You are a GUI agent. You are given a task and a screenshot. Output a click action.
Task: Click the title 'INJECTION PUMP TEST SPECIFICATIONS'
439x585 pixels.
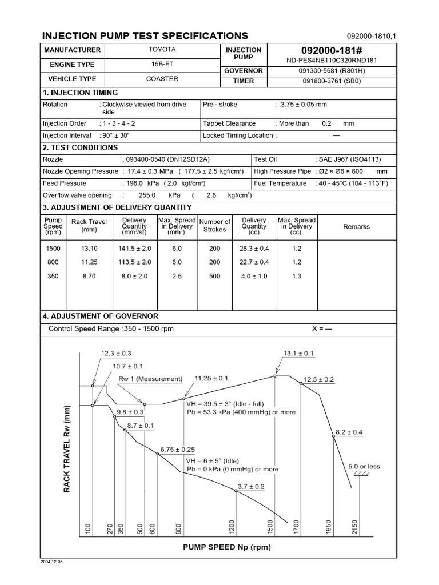click(x=145, y=35)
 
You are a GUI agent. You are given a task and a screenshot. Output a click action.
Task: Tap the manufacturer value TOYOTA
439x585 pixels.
click(x=162, y=50)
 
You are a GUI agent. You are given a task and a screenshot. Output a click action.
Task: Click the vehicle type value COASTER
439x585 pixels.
click(x=162, y=79)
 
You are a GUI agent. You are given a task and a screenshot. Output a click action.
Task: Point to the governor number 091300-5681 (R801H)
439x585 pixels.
click(x=332, y=70)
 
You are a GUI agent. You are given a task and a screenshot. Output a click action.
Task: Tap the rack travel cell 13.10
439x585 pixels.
click(x=89, y=249)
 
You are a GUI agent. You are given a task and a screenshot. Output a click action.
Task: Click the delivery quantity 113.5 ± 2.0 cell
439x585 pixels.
click(x=134, y=262)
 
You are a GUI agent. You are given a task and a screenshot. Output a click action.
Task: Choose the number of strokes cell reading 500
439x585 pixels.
click(x=214, y=276)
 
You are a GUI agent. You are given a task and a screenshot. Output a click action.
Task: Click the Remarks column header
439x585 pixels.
click(x=356, y=227)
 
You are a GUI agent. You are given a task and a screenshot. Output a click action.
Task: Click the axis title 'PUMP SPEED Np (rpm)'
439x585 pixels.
click(x=227, y=547)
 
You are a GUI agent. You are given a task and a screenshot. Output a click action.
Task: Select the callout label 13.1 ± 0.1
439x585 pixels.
click(x=298, y=354)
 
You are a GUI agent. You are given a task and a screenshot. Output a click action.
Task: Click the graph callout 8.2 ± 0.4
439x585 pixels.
click(x=349, y=432)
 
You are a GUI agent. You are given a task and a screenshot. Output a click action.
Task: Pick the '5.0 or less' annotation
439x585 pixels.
click(x=364, y=466)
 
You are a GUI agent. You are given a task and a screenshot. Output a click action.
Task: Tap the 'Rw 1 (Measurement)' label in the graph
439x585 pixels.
click(x=150, y=379)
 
